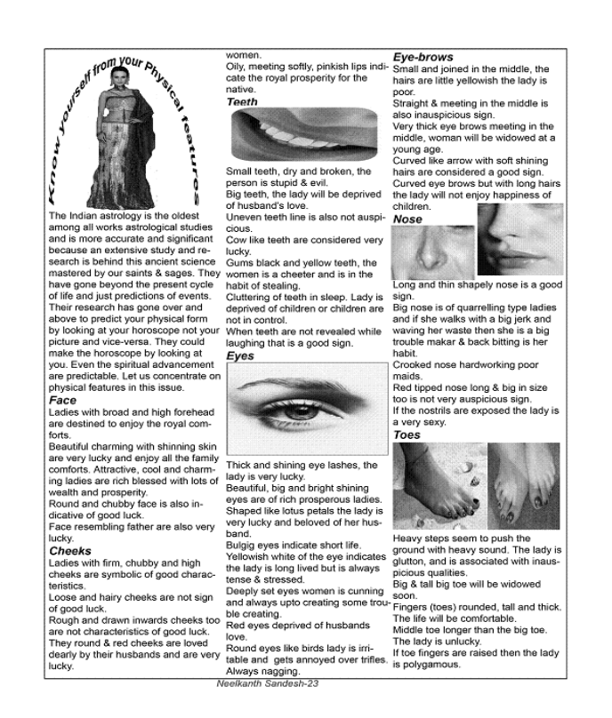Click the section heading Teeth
point(242,103)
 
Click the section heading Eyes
point(240,355)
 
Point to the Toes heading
point(407,435)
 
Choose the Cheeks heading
point(70,551)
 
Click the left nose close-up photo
point(431,252)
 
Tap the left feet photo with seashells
point(438,485)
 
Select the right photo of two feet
point(524,485)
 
